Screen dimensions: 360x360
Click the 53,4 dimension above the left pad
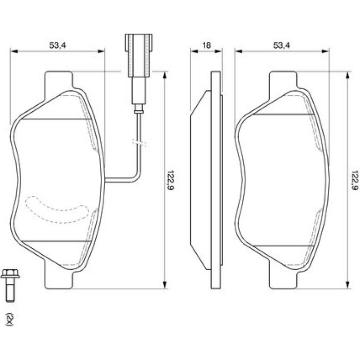58,45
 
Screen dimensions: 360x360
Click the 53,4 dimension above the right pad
281,45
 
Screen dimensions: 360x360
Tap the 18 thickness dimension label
207,45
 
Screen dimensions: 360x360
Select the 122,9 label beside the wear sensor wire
171,180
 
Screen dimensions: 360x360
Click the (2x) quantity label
9,319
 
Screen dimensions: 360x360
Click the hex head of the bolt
10,274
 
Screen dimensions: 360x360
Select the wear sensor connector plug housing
139,55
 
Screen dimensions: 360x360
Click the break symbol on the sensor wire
139,142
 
